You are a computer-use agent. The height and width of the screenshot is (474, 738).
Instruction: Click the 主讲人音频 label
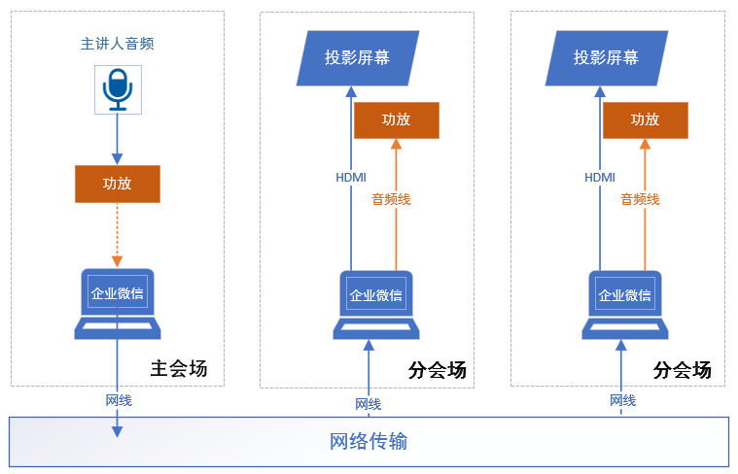[x=117, y=44]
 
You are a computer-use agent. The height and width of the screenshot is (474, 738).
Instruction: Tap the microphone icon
[x=118, y=89]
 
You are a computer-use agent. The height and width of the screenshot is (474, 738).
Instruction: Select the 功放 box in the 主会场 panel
[x=118, y=184]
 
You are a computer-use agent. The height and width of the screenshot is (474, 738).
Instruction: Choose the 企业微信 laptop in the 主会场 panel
[x=118, y=302]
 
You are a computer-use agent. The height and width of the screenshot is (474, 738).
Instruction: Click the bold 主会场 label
[x=179, y=369]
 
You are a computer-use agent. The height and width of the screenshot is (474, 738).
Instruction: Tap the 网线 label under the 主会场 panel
[x=119, y=400]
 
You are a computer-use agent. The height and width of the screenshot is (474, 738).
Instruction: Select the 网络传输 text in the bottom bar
[x=369, y=442]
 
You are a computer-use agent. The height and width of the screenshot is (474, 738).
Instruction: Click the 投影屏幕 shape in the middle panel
[x=358, y=57]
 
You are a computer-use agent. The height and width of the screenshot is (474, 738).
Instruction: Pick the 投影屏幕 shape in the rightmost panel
[x=607, y=57]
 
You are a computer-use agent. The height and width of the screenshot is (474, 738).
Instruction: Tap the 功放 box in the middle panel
[x=396, y=119]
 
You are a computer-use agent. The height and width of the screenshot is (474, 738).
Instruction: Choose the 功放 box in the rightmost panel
[x=645, y=119]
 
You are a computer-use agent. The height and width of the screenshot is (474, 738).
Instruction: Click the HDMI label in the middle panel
[x=351, y=178]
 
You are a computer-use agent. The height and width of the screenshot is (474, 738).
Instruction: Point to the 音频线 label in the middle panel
[x=392, y=199]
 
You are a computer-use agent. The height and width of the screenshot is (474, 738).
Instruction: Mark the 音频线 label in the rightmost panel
[x=641, y=199]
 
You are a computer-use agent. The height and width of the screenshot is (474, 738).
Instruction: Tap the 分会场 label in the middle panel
[x=438, y=370]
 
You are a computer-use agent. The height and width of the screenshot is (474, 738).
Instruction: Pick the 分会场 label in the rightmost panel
[x=683, y=370]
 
